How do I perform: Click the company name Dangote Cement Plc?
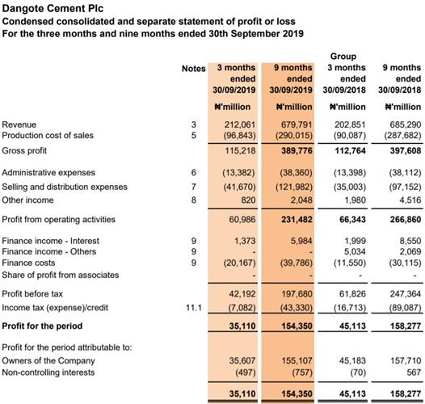[53, 8]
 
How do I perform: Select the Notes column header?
[194, 69]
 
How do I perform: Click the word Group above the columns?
[343, 57]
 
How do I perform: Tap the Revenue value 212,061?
[240, 124]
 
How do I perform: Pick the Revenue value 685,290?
[406, 124]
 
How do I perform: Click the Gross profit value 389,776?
[297, 150]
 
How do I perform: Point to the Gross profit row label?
[24, 150]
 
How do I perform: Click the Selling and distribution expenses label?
[65, 187]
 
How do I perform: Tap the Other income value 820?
[248, 200]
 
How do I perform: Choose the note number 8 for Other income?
[194, 200]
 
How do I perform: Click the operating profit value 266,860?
[406, 219]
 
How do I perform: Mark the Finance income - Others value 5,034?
[355, 251]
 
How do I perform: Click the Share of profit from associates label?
[61, 275]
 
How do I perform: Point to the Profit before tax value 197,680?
[297, 293]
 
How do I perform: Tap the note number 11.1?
[194, 308]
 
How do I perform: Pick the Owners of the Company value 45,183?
[352, 360]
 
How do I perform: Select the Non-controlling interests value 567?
[414, 372]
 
